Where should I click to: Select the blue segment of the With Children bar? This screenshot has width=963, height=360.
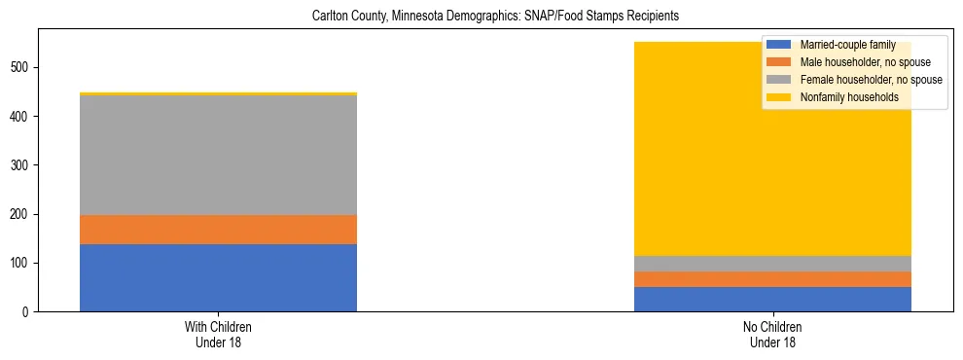(x=218, y=277)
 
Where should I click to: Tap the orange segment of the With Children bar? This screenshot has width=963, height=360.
(x=218, y=229)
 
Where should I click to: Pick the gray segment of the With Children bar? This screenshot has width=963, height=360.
(x=218, y=156)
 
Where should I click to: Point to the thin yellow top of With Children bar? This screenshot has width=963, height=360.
(x=218, y=93)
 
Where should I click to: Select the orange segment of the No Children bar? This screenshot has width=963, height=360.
(x=772, y=279)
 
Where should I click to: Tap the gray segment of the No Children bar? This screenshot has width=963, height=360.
(x=772, y=264)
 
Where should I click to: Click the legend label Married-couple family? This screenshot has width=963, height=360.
(x=845, y=45)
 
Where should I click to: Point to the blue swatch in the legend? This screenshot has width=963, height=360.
(x=779, y=45)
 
